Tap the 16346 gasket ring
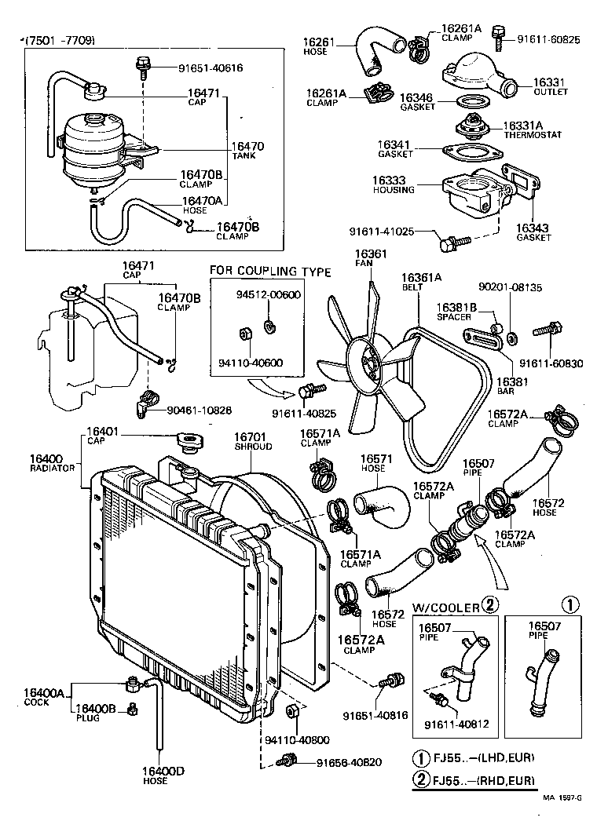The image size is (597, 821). click(x=470, y=101)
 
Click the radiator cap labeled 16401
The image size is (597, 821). click(x=189, y=442)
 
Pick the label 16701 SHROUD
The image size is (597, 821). click(x=253, y=440)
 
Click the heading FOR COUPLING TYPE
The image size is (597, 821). click(x=269, y=272)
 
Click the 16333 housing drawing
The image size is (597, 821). click(x=471, y=192)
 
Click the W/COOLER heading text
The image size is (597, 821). click(x=446, y=606)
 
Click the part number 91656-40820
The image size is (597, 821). click(x=349, y=761)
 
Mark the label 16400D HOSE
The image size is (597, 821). click(x=163, y=775)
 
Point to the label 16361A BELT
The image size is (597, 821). click(x=422, y=282)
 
